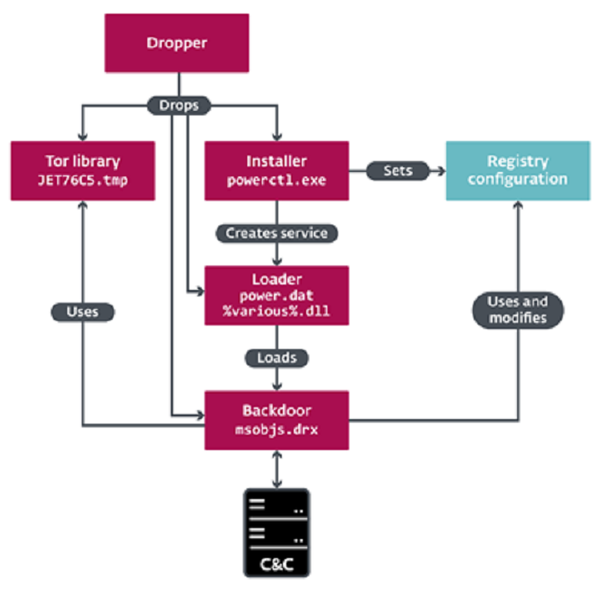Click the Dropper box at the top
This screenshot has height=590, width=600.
click(x=176, y=43)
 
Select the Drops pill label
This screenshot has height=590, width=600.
click(x=179, y=105)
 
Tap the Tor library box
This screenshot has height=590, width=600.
click(x=83, y=171)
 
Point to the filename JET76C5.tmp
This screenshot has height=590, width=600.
click(x=83, y=180)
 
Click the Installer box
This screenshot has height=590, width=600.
click(x=276, y=171)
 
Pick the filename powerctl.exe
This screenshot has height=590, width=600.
click(x=276, y=180)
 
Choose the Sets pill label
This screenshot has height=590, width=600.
click(x=398, y=171)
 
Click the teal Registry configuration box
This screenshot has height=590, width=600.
click(x=518, y=171)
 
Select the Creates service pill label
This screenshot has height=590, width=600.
click(x=276, y=233)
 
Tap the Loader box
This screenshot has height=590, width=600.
click(x=276, y=295)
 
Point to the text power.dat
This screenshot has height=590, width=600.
click(x=276, y=295)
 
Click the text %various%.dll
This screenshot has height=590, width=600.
click(x=276, y=311)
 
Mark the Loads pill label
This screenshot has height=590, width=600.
click(x=276, y=358)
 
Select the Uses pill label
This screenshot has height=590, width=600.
click(x=83, y=312)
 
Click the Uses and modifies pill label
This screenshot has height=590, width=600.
click(x=518, y=310)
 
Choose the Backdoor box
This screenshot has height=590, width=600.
click(x=276, y=421)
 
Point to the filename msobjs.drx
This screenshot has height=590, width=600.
click(x=276, y=430)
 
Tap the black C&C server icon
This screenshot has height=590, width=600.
click(x=276, y=533)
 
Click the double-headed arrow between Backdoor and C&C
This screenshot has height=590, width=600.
click(x=276, y=469)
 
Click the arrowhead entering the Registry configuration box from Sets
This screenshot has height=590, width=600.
click(x=442, y=171)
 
